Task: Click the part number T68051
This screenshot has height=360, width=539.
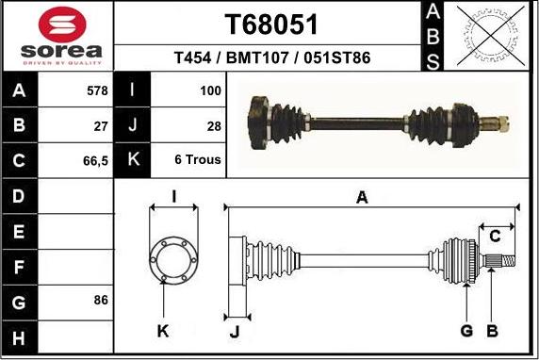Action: point(271,25)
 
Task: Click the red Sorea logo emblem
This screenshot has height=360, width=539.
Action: point(62,25)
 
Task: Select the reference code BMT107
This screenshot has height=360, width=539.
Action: point(257,57)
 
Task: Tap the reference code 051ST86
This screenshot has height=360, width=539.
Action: point(337,57)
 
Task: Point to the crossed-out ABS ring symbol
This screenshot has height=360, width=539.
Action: point(491,36)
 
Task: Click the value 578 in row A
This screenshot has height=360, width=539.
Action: point(97,90)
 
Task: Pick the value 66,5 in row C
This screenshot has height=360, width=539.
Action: point(95,161)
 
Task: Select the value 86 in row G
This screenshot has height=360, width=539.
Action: point(101,300)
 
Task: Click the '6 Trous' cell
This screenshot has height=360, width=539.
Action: point(198,159)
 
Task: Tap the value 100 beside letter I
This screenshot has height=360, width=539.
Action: point(210,90)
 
